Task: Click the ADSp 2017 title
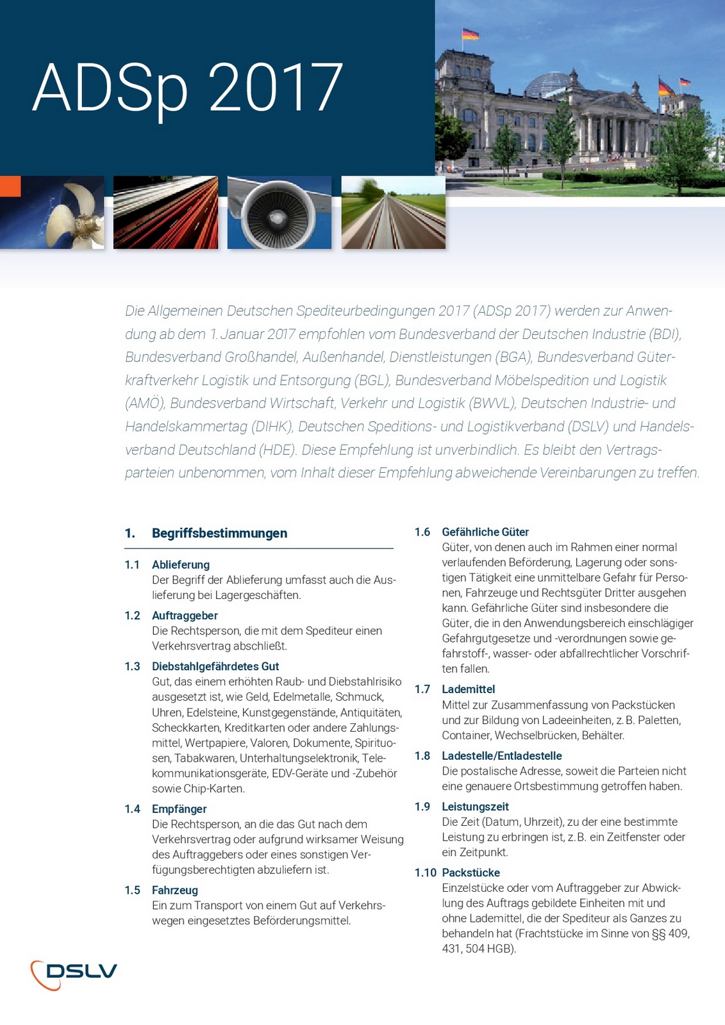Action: (187, 88)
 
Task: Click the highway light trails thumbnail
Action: (165, 213)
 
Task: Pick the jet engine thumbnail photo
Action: (279, 213)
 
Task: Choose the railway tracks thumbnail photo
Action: (393, 213)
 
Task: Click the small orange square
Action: (10, 186)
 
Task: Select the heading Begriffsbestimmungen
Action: (219, 533)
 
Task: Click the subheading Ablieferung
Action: (181, 564)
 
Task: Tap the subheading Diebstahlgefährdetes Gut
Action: (215, 666)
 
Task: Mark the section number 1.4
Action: (132, 809)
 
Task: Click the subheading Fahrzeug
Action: (175, 890)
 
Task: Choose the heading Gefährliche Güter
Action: (485, 532)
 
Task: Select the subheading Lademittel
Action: (469, 689)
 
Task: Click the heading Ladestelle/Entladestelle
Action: (502, 756)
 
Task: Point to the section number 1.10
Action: (425, 873)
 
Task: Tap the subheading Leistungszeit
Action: (475, 807)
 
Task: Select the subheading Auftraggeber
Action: (185, 616)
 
